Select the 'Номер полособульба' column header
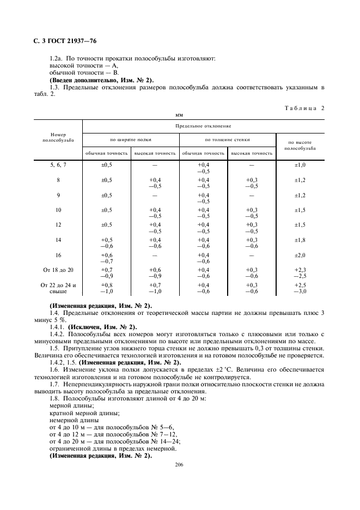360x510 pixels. click(x=58, y=137)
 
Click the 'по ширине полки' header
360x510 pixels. click(x=131, y=139)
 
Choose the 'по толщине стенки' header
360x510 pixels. click(x=228, y=139)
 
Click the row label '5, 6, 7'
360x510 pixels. click(x=58, y=165)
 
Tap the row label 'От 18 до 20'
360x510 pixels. click(x=58, y=270)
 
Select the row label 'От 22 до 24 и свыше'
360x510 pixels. click(x=58, y=288)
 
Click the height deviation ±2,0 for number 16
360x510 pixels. click(x=300, y=255)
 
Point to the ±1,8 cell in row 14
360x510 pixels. click(x=300, y=240)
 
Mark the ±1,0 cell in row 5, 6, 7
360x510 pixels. click(x=300, y=165)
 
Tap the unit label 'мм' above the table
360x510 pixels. click(x=180, y=116)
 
